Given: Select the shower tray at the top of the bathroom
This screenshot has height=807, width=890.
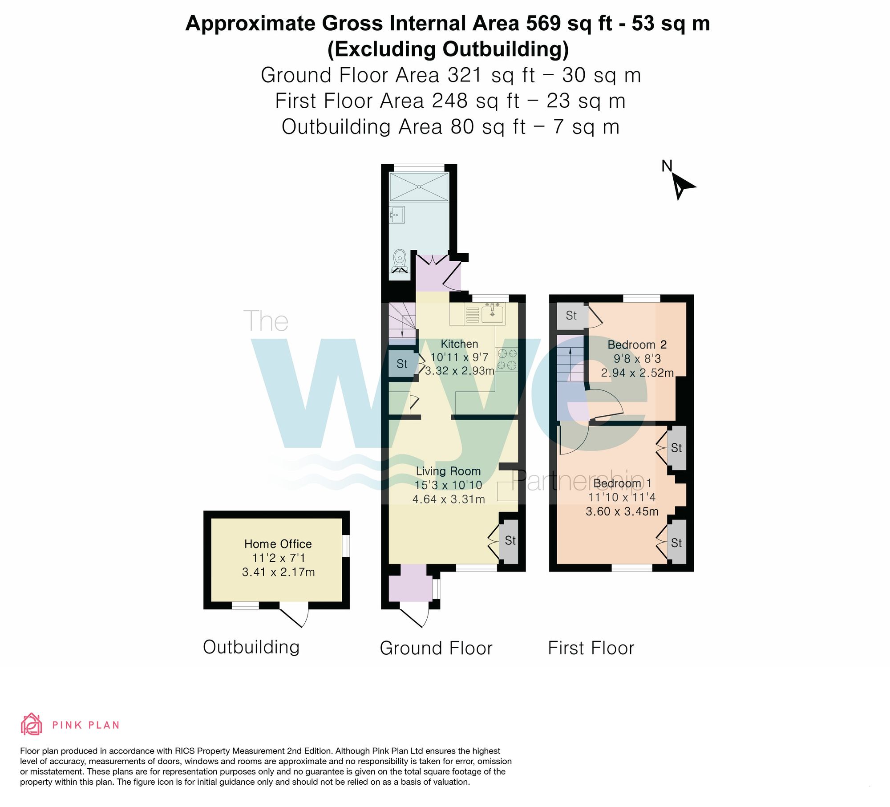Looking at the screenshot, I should coord(419,187).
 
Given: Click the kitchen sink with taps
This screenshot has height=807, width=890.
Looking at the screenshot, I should coord(492,313).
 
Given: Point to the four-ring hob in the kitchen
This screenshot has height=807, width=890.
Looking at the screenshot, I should coord(507,360).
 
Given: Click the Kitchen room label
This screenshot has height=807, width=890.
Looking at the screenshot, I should coord(459,344).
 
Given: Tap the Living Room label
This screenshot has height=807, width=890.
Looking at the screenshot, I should coord(448,471).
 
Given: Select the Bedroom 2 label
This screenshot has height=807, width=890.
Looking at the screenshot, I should coord(637,345).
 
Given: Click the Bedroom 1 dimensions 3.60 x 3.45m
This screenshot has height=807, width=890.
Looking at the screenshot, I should coord(622,511).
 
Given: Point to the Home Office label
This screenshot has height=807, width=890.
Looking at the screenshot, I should coord(278,544).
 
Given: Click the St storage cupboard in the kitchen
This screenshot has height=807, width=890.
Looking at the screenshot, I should coord(402,364).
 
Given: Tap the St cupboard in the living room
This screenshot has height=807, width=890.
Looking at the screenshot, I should coord(510,540).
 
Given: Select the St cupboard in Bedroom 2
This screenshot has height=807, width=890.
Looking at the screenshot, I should coord(571,316).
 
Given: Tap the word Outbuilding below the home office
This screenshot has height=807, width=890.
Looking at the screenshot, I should coord(251,647).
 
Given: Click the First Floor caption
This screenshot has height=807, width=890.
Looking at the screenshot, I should coord(591,648).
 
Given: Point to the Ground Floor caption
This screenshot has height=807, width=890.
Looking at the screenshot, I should coord(436,648).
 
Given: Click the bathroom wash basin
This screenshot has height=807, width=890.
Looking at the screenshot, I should coord(397,215).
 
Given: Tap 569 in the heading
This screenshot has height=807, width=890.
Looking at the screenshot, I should coord(543,23).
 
